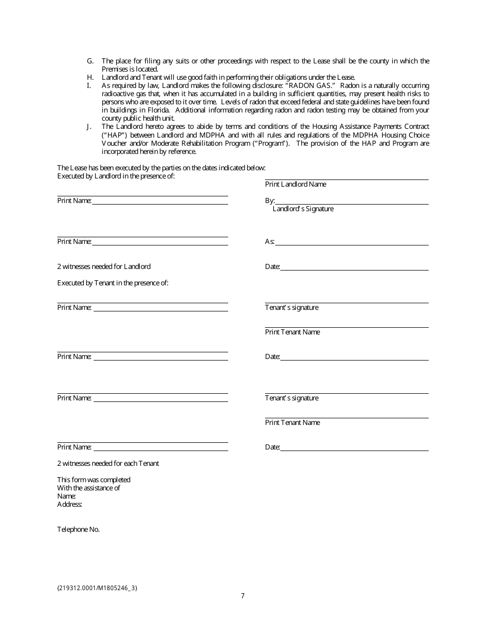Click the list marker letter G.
(90, 61)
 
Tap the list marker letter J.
(90, 127)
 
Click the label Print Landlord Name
(295, 184)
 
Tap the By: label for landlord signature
(270, 201)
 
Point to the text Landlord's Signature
(303, 209)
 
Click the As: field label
(270, 241)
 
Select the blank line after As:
(352, 244)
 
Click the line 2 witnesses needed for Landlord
(104, 266)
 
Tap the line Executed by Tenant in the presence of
(113, 283)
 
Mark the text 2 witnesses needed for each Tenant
(108, 463)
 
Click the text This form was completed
(94, 480)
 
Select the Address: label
(70, 504)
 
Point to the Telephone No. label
(78, 529)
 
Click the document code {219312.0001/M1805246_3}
(97, 588)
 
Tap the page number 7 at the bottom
(242, 596)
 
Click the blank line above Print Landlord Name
(346, 179)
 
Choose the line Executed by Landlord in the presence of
(116, 176)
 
